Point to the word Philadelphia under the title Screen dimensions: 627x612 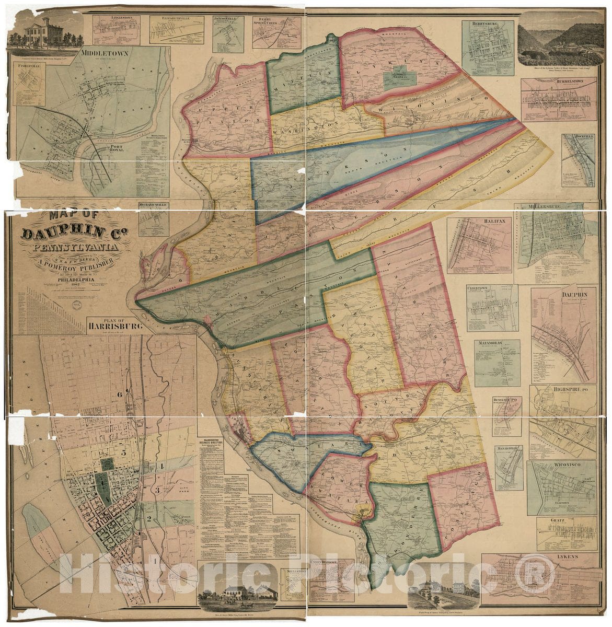[66, 278]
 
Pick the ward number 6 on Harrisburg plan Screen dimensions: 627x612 [120, 394]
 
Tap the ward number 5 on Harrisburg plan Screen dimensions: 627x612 [123, 452]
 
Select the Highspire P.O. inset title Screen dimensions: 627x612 [564, 389]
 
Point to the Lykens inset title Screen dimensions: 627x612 [571, 557]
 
